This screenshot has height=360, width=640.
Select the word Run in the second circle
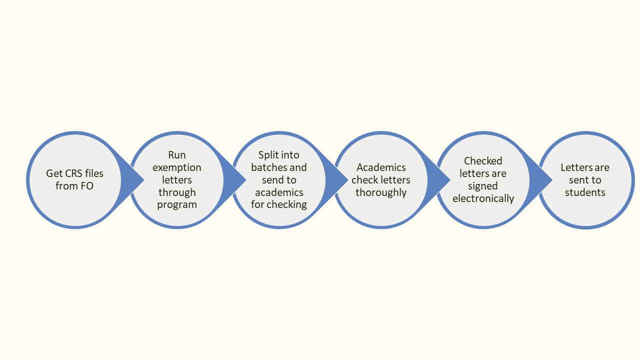[177, 155]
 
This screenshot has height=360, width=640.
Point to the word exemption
[177, 167]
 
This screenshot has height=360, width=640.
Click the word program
[177, 204]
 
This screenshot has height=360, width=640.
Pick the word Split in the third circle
[268, 155]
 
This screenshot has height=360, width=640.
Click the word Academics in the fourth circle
[381, 167]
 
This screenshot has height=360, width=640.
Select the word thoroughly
[381, 192]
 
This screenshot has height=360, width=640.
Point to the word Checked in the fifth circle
[483, 161]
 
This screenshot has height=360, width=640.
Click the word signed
[483, 186]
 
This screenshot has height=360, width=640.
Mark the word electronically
[483, 198]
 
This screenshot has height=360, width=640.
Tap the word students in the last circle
[585, 192]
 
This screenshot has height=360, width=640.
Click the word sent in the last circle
[578, 180]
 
